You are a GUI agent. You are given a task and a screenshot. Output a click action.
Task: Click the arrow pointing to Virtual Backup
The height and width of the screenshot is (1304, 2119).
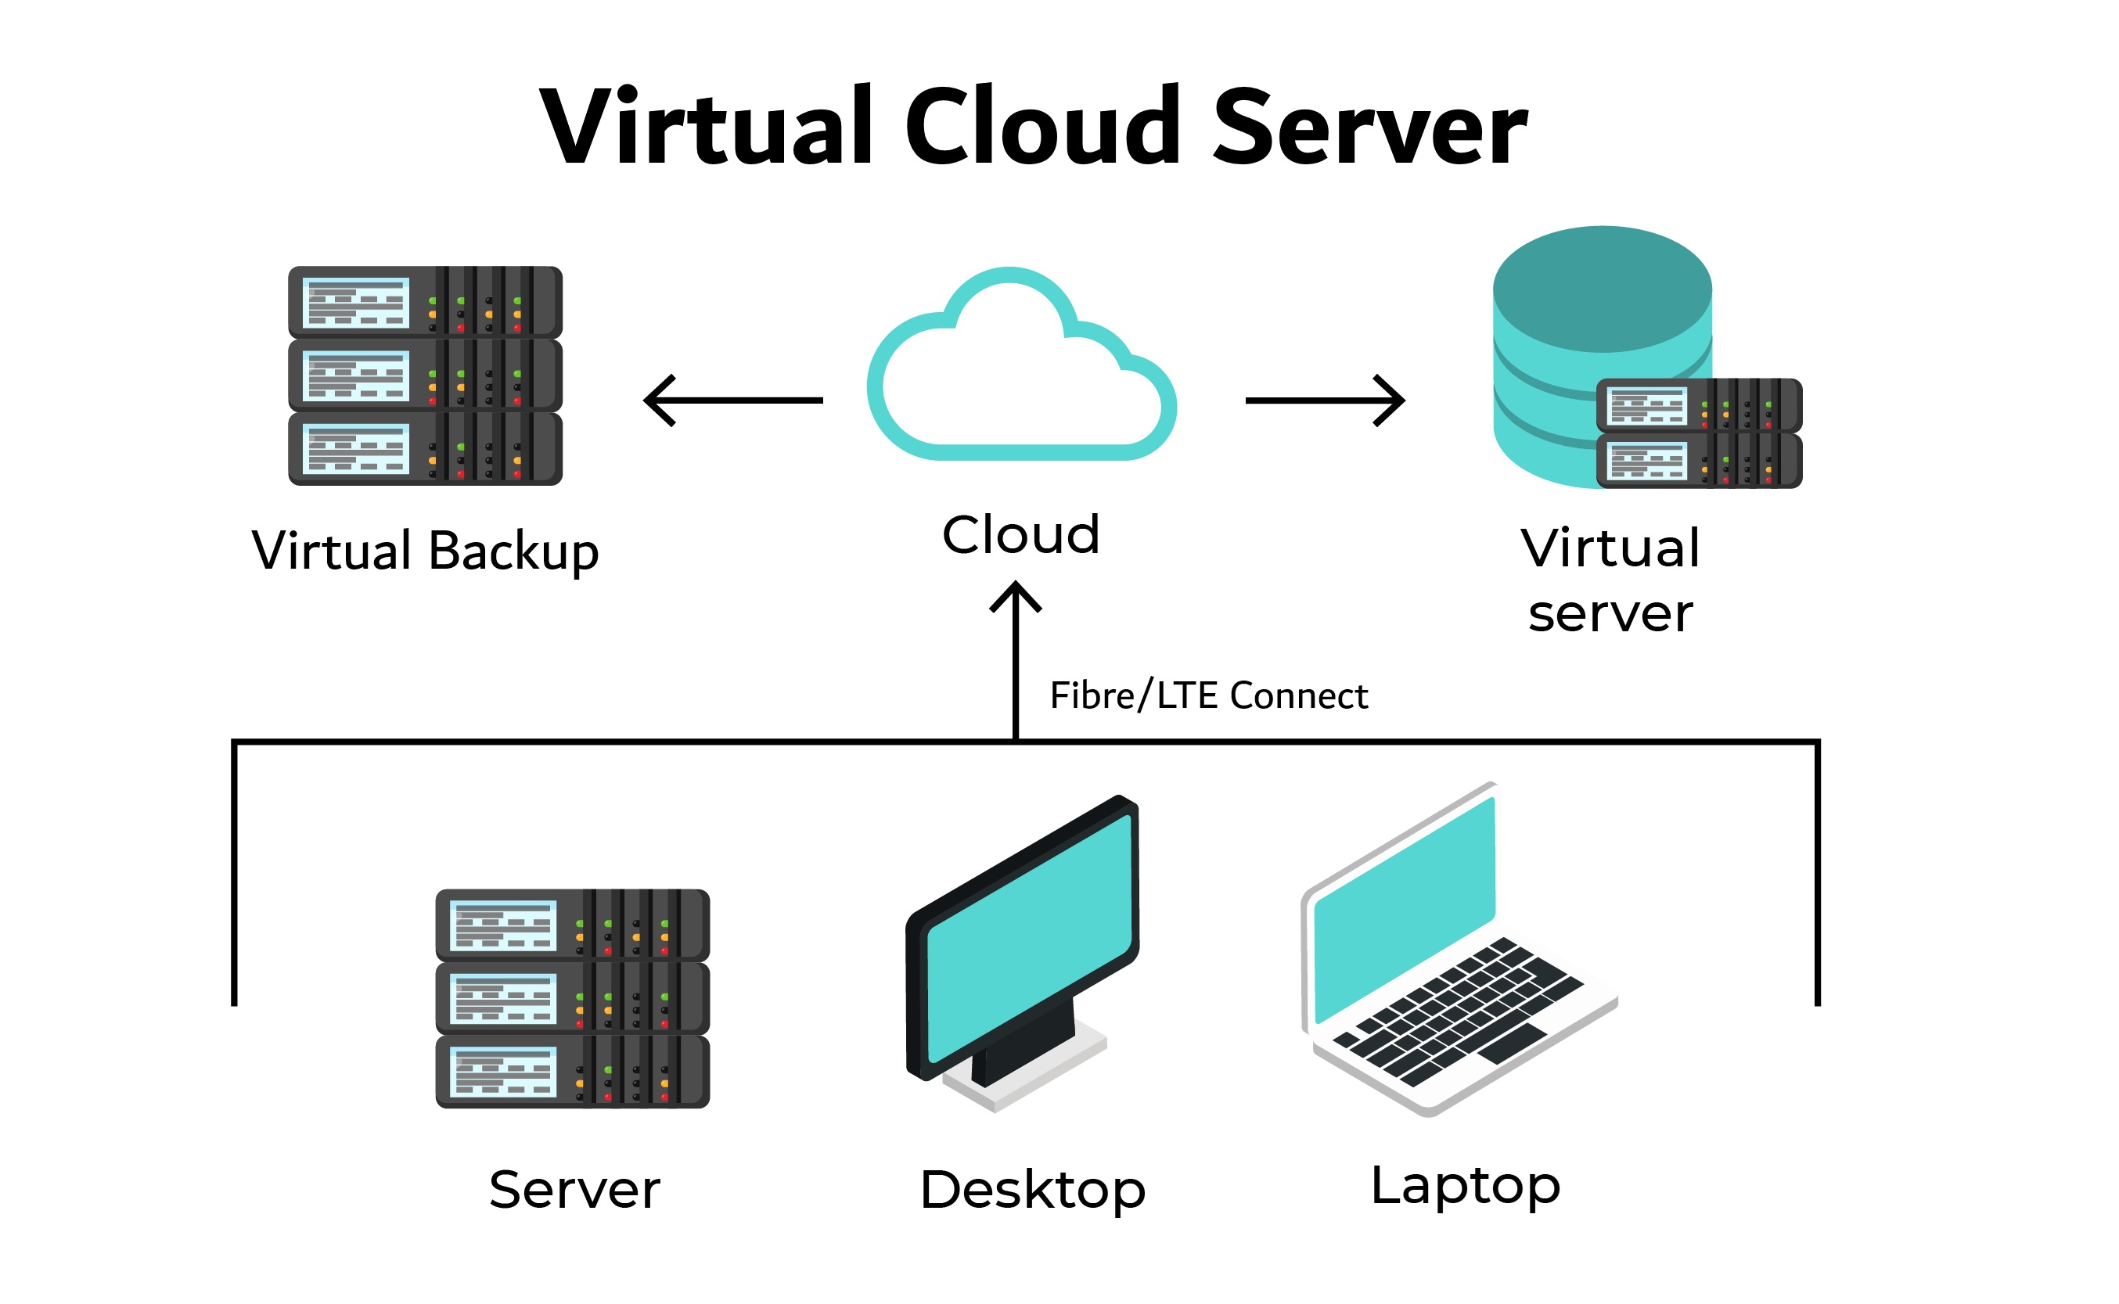click(733, 401)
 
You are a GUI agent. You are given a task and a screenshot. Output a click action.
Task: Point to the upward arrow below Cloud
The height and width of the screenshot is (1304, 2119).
click(1016, 656)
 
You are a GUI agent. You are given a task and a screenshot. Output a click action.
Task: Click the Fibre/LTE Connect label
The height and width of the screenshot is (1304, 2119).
click(1208, 696)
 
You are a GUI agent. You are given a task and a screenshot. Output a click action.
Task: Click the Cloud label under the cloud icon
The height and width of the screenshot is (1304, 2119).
click(1021, 535)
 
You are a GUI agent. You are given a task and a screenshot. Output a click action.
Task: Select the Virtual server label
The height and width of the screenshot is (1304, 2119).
click(1610, 580)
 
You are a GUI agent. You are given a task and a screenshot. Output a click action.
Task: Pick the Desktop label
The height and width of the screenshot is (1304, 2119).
click(1032, 1189)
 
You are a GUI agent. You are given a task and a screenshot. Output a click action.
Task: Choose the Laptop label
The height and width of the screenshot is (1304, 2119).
click(1466, 1185)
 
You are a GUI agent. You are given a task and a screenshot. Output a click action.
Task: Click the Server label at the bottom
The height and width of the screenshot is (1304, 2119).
click(574, 1189)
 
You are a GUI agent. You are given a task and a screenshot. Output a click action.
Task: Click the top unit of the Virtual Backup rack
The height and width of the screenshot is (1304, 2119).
click(425, 302)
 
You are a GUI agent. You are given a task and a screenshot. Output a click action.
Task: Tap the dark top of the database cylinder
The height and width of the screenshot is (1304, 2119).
click(1603, 289)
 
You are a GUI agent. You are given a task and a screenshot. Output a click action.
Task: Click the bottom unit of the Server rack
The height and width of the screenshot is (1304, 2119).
click(573, 1072)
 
